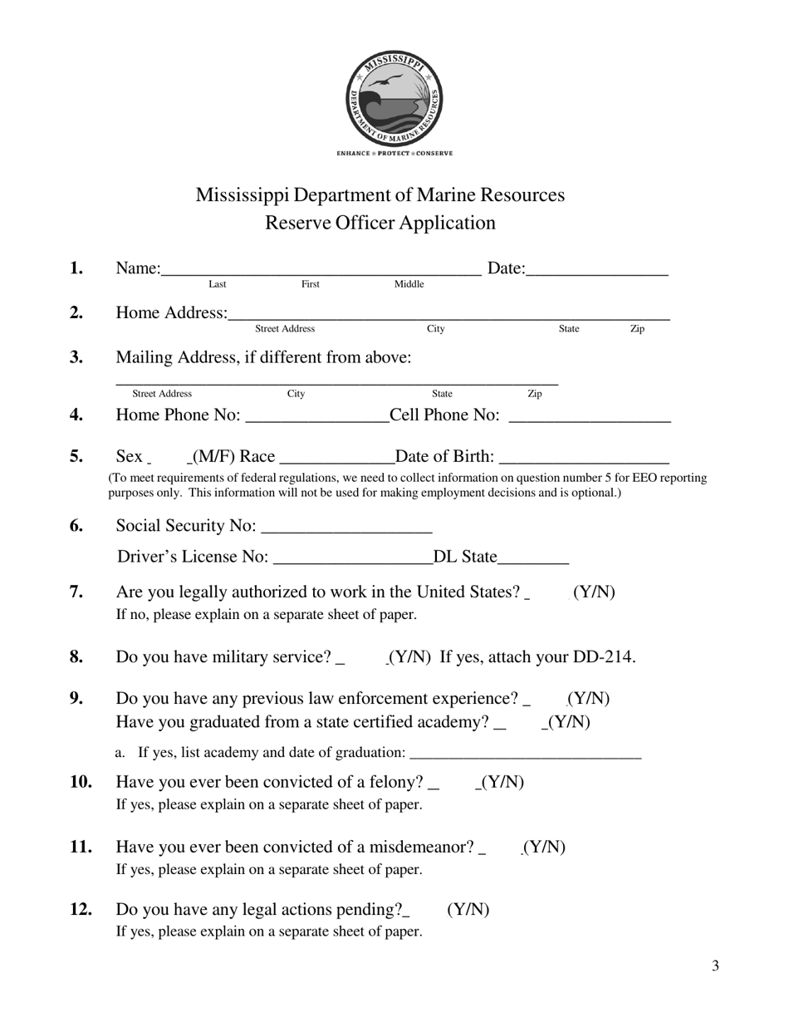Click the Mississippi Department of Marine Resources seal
pyautogui.click(x=394, y=100)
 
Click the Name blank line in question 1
pyautogui.click(x=321, y=271)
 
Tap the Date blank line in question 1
pyautogui.click(x=597, y=271)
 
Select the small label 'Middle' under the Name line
pyautogui.click(x=409, y=284)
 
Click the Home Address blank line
pyautogui.click(x=448, y=316)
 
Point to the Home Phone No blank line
pyautogui.click(x=318, y=419)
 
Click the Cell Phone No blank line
pyautogui.click(x=589, y=419)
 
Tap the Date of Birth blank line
pyautogui.click(x=585, y=460)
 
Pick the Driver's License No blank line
pyautogui.click(x=352, y=560)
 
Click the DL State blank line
pyautogui.click(x=534, y=560)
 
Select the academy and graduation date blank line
pyautogui.click(x=526, y=755)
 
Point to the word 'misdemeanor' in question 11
pyautogui.click(x=419, y=848)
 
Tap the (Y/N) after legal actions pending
pyautogui.click(x=468, y=910)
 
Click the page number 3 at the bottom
pyautogui.click(x=715, y=965)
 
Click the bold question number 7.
pyautogui.click(x=76, y=592)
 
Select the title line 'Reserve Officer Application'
pyautogui.click(x=380, y=223)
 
